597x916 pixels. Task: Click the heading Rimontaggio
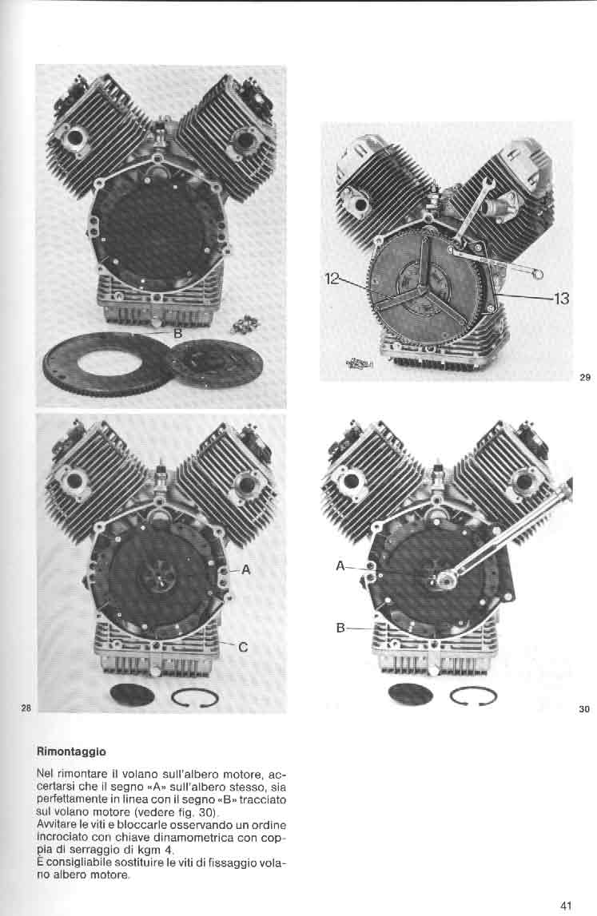(71, 751)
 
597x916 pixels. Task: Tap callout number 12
(331, 279)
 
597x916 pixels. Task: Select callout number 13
(561, 299)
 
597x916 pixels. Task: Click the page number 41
(565, 906)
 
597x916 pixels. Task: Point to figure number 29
(585, 378)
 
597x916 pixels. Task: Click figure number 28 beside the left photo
(26, 708)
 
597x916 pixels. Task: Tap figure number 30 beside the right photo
(585, 709)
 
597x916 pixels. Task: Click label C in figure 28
(243, 648)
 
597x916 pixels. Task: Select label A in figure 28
(245, 569)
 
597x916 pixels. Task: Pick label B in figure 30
(340, 629)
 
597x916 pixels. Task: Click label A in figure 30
(340, 565)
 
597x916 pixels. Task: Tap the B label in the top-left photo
(178, 334)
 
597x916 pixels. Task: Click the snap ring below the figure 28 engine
(195, 697)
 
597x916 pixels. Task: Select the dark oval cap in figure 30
(411, 695)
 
